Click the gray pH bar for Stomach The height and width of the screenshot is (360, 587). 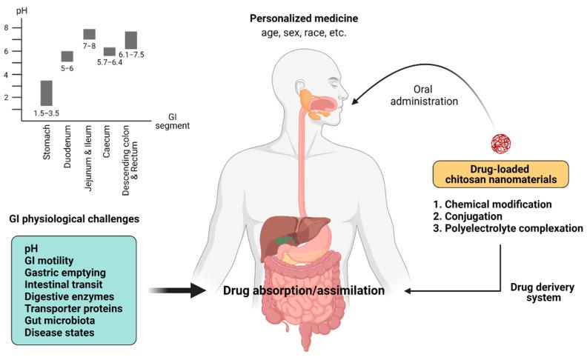(46, 93)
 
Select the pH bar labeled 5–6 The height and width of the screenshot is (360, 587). (67, 56)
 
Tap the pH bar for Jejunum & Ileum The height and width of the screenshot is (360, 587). (89, 33)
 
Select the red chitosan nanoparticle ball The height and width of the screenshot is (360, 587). (501, 143)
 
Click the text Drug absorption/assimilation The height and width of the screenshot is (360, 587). (304, 291)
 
